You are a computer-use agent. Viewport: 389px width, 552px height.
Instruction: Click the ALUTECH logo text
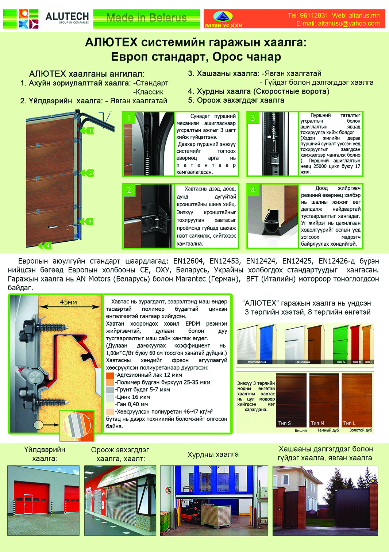(x=67, y=17)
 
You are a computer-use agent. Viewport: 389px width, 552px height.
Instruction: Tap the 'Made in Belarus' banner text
(x=146, y=18)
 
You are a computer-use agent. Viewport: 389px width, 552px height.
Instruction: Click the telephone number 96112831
(x=314, y=15)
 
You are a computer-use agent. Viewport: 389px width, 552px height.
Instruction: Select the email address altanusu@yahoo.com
(x=348, y=23)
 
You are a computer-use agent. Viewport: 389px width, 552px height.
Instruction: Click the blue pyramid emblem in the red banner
(x=222, y=16)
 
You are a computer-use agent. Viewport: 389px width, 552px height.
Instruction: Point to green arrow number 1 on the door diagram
(x=87, y=131)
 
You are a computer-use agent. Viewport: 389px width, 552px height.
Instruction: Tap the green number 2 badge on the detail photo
(x=129, y=190)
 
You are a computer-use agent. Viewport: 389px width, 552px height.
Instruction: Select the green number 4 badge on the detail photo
(x=253, y=190)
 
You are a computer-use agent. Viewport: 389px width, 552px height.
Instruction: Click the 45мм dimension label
(x=68, y=302)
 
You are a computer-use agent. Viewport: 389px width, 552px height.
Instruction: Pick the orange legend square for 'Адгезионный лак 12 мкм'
(x=110, y=375)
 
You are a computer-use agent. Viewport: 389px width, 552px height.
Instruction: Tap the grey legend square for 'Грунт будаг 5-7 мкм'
(x=110, y=390)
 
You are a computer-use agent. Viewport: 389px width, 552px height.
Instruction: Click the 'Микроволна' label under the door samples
(x=257, y=362)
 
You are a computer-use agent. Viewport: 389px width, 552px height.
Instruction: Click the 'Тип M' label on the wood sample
(x=317, y=423)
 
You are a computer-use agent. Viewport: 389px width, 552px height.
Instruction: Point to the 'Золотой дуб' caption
(x=361, y=430)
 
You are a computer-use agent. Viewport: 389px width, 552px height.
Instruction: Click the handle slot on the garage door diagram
(x=53, y=227)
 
